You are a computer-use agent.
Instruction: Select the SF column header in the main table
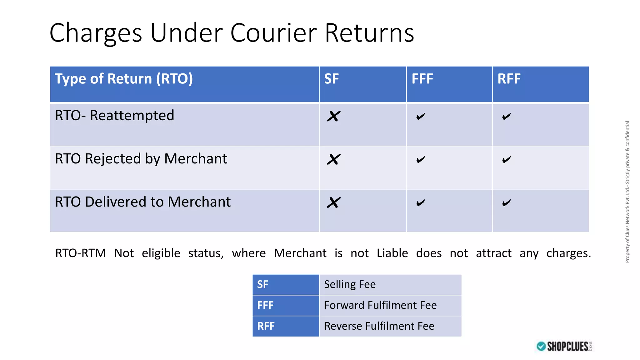coord(331,79)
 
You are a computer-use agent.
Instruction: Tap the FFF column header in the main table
coord(422,79)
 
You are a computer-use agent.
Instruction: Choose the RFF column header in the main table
coord(509,79)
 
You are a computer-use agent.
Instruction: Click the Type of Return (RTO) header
coord(124,79)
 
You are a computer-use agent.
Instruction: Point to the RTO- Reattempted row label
coord(114,116)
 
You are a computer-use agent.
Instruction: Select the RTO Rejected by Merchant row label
coord(141,159)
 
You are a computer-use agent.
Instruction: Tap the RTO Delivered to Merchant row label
coord(143,202)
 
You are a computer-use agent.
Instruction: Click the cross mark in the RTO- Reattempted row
coord(333,116)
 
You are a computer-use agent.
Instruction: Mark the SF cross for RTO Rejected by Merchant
coord(333,159)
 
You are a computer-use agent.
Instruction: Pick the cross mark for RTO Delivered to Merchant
coord(333,202)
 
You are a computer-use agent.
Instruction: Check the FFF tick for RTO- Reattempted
coord(421,117)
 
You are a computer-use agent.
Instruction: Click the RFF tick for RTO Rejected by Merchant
coord(506,160)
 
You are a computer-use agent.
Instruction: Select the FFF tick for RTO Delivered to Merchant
coord(421,203)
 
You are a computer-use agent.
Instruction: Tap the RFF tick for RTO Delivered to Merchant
coord(506,203)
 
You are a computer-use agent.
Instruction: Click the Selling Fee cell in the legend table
coord(350,284)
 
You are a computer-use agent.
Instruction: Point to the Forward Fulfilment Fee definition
coord(380,305)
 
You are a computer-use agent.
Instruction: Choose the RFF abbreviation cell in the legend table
coord(266,326)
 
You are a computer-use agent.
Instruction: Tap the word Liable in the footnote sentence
coord(392,253)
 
